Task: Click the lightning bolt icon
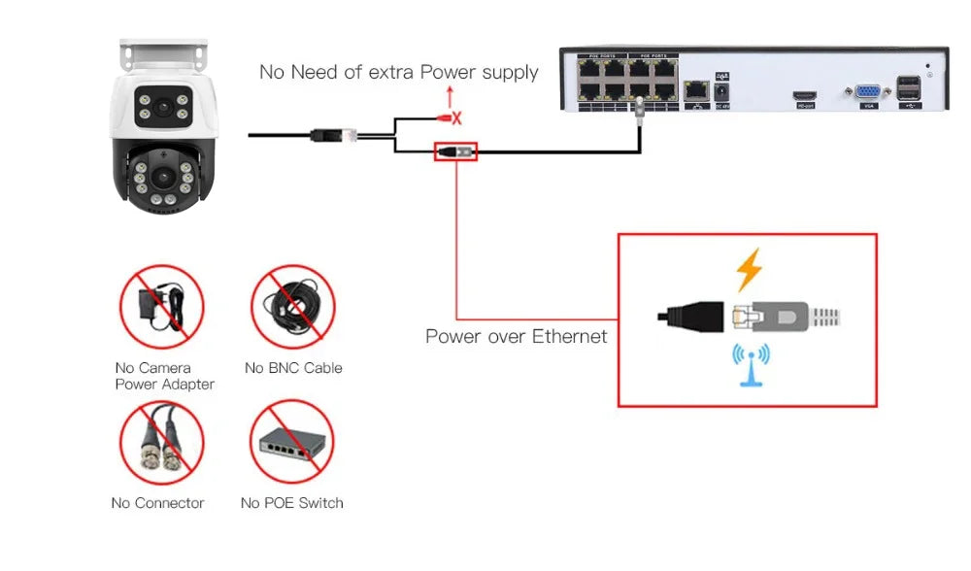(749, 270)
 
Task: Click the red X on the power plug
(456, 118)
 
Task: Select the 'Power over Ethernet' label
(516, 337)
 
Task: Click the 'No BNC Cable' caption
(293, 368)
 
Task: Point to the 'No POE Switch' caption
(291, 503)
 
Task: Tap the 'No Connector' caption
(157, 503)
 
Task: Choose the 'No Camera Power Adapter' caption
(164, 376)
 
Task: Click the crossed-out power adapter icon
(161, 307)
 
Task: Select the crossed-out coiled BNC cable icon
(292, 307)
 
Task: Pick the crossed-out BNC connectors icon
(161, 443)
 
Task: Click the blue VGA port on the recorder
(862, 92)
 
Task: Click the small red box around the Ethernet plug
(455, 151)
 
